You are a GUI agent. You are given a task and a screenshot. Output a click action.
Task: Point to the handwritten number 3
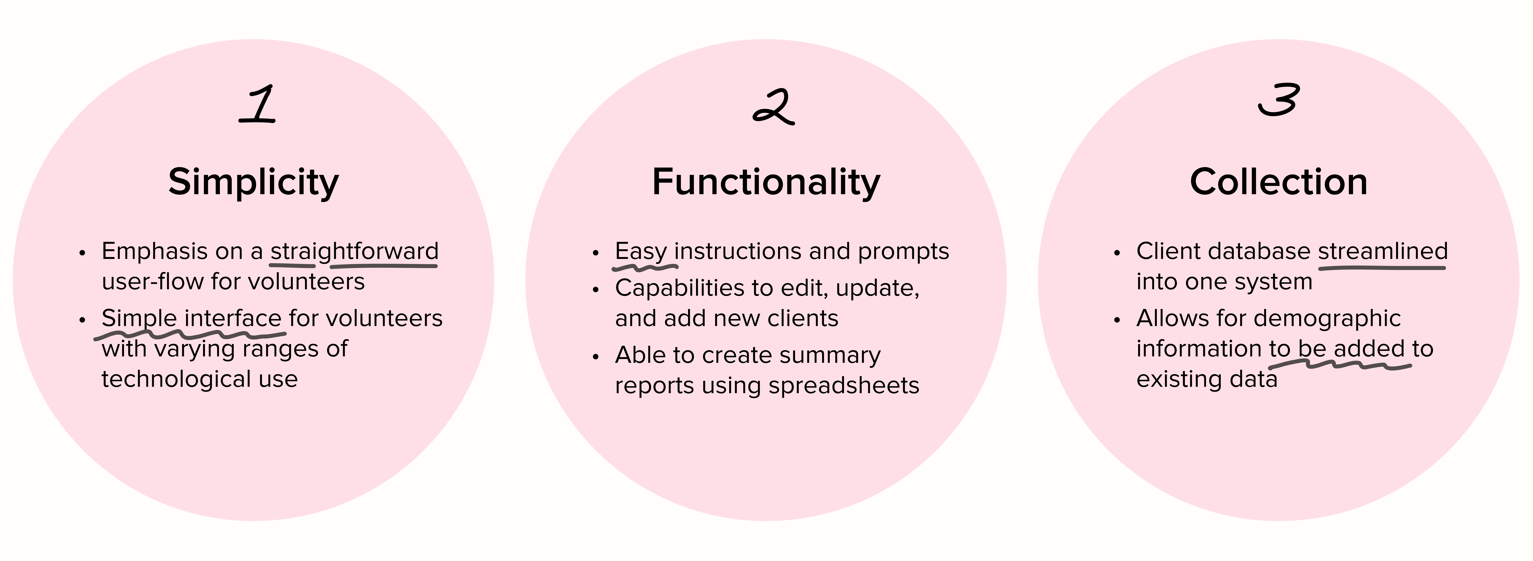[x=1278, y=100]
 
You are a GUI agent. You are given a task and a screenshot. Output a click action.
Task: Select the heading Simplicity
[x=254, y=182]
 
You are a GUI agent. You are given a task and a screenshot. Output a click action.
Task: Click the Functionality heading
[x=766, y=182]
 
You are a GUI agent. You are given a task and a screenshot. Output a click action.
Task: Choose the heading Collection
[x=1278, y=182]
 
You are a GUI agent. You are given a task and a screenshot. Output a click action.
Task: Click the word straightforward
[x=354, y=251]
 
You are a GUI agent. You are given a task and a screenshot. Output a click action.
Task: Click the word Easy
[x=641, y=251]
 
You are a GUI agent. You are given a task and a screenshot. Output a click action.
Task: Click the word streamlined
[x=1382, y=251]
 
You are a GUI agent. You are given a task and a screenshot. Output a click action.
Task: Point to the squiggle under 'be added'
[x=1339, y=364]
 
